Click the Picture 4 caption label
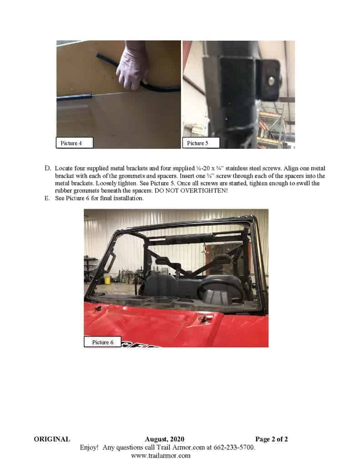(x=74, y=143)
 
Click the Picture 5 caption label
(x=201, y=143)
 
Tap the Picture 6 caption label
(x=102, y=342)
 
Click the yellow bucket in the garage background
(x=107, y=280)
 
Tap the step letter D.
(x=48, y=168)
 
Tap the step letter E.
(x=48, y=198)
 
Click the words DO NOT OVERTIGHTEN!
(x=191, y=191)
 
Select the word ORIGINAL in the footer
(x=52, y=439)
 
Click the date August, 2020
(x=164, y=439)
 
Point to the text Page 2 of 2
(x=271, y=439)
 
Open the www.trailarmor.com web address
(x=161, y=456)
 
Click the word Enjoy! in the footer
(x=89, y=447)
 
